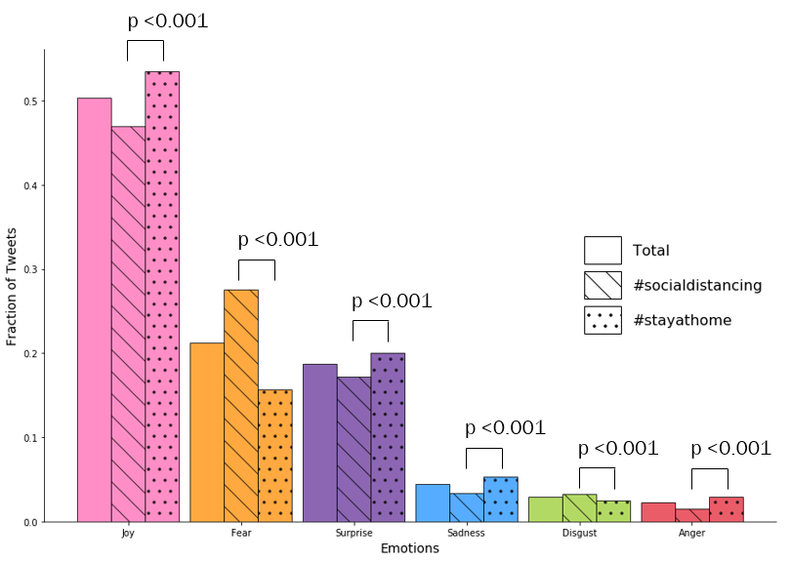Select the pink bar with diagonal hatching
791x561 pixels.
click(x=128, y=323)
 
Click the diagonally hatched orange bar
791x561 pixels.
click(x=241, y=405)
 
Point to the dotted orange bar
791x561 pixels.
click(x=275, y=455)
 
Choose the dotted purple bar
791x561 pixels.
click(x=388, y=436)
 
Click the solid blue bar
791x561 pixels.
click(x=433, y=502)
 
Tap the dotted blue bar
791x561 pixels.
click(x=500, y=499)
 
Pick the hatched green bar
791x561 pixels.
click(x=579, y=507)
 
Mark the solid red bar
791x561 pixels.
click(x=658, y=511)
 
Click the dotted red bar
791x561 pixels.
click(x=726, y=508)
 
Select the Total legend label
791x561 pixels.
click(x=651, y=251)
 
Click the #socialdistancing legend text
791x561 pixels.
click(x=697, y=286)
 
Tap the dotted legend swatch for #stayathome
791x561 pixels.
click(x=603, y=320)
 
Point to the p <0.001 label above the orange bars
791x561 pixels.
click(x=278, y=240)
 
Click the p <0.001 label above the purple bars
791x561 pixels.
click(x=392, y=301)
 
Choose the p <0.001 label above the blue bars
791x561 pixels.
click(x=505, y=428)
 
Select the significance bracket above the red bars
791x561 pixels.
click(x=710, y=470)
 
